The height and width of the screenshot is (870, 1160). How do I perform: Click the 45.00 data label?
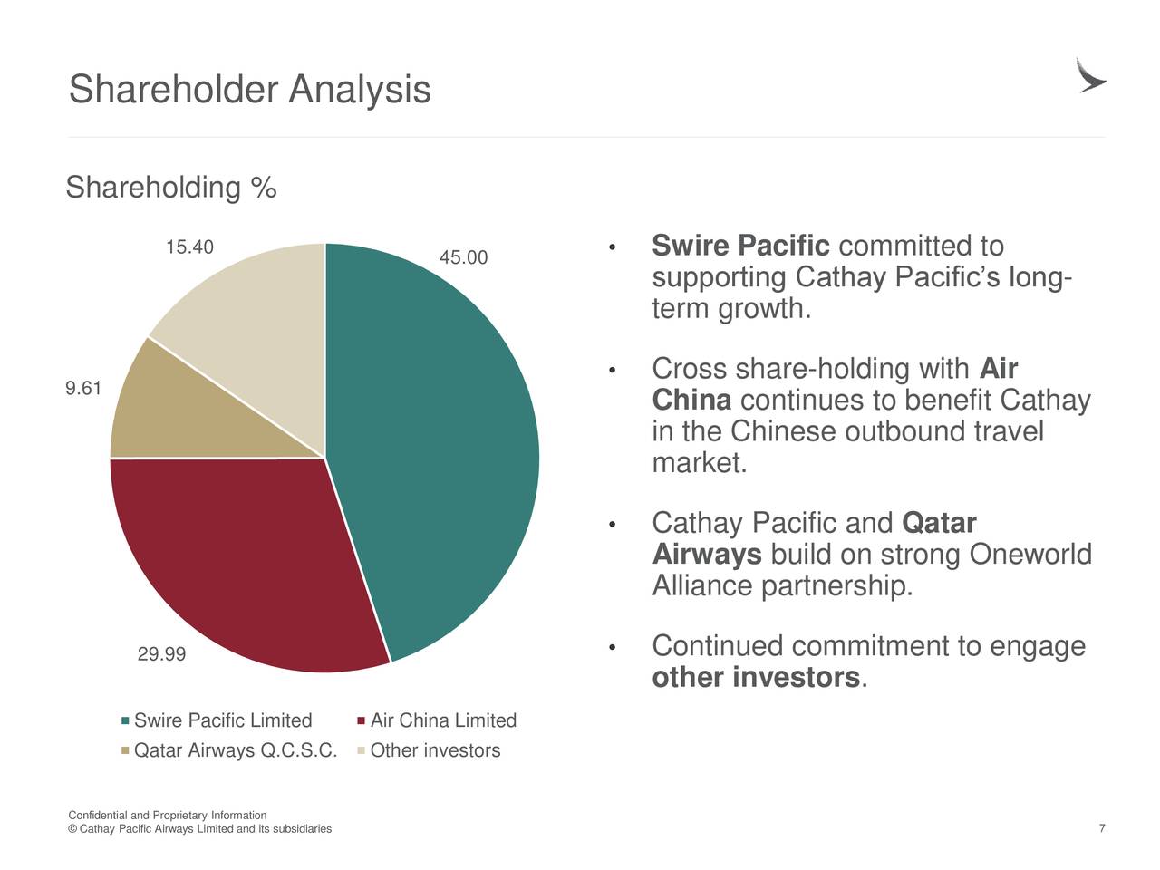click(463, 257)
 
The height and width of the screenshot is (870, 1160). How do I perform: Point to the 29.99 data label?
click(161, 654)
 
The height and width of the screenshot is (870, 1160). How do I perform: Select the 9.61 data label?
click(83, 389)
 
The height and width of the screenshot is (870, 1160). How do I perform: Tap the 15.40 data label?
click(189, 247)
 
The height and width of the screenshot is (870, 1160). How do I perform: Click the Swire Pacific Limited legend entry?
click(217, 720)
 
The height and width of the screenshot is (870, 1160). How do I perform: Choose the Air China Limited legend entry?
click(437, 720)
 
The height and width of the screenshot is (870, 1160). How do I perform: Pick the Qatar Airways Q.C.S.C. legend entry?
click(229, 750)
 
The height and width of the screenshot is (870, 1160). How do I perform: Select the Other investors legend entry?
click(430, 750)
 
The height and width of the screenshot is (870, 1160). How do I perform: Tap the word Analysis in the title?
click(360, 90)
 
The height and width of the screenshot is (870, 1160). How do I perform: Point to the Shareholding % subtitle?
click(171, 188)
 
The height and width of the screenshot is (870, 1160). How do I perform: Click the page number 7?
click(1102, 828)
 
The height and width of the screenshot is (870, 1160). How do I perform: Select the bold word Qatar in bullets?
click(939, 523)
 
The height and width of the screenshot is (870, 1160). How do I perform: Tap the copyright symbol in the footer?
click(72, 829)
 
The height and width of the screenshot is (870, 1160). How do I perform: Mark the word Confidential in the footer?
click(98, 815)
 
